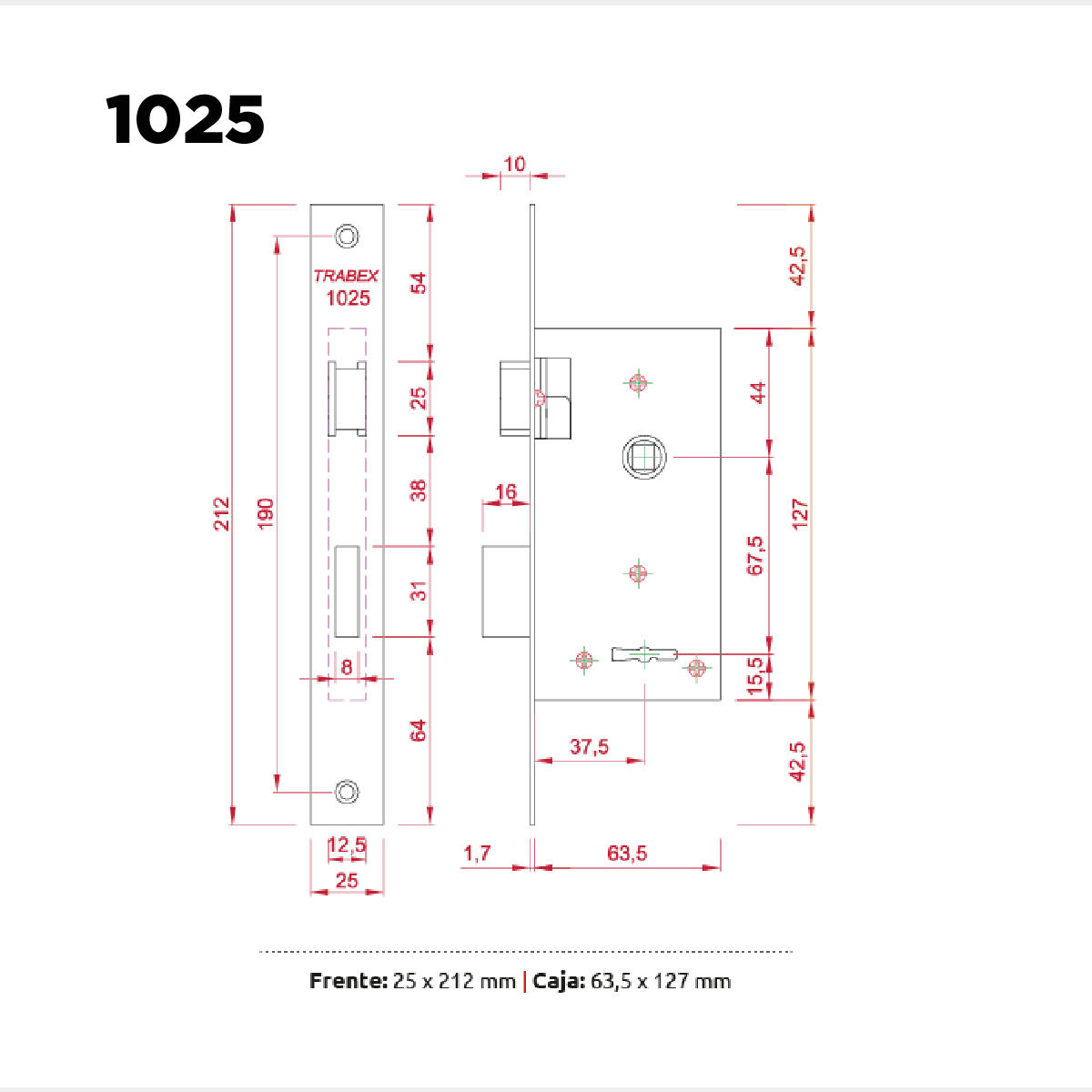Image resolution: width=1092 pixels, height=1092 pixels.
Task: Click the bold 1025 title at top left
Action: coord(185,119)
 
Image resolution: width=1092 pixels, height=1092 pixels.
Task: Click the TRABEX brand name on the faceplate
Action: coord(346,276)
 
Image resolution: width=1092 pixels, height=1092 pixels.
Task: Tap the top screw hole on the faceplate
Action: coord(347,236)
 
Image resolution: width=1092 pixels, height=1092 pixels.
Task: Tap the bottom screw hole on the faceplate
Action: coord(347,792)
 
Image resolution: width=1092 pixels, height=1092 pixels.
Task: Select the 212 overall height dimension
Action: coord(221,513)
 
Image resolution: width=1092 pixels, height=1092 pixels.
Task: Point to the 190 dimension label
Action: coord(266,513)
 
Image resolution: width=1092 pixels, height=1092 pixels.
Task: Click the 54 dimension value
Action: coord(419,283)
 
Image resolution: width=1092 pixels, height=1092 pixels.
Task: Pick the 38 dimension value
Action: coord(419,490)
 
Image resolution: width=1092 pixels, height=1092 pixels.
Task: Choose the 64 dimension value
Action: coord(419,731)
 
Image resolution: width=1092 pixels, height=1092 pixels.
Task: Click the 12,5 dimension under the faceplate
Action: coord(347,845)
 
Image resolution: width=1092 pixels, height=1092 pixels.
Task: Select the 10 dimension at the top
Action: coord(514,165)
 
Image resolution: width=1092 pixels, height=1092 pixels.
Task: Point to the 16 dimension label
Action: coord(506,491)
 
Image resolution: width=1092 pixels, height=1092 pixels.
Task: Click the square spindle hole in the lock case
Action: coord(644,457)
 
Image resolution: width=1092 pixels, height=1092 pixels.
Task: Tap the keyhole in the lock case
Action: coord(645,654)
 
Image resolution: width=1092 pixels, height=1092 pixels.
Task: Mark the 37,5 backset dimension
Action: coord(590,746)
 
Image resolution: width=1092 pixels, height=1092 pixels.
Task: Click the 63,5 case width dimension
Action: coord(627,853)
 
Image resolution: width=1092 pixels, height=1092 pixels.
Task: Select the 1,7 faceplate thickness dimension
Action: coord(477,853)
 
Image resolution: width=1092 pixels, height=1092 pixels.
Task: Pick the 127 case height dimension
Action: coord(800,514)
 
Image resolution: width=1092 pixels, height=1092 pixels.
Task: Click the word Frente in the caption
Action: coord(348,981)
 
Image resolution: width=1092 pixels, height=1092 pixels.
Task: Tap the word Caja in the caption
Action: coord(559,982)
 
